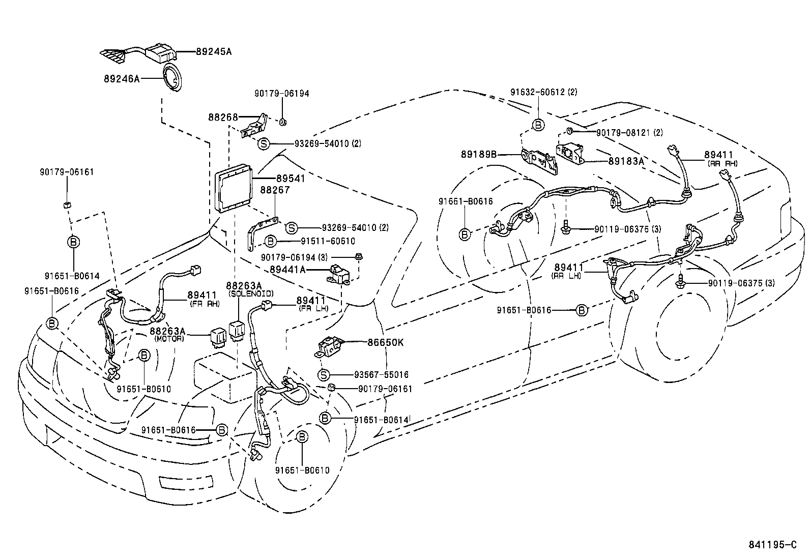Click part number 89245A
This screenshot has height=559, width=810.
(x=214, y=51)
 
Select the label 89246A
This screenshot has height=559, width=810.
(x=122, y=79)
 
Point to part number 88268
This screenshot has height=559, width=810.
(x=223, y=117)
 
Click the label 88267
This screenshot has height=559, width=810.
(x=275, y=190)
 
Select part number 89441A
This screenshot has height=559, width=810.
(x=287, y=270)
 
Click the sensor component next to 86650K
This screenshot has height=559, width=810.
(x=330, y=347)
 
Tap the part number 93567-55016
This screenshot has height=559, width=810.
(x=381, y=375)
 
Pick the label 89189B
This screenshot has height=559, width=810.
(x=479, y=154)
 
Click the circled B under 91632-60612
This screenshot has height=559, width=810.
(x=538, y=125)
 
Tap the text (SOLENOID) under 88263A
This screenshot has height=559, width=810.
(x=250, y=294)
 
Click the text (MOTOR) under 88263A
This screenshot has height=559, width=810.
(x=169, y=338)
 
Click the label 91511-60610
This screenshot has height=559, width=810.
(x=321, y=241)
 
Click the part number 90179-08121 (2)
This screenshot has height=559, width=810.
(x=629, y=132)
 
